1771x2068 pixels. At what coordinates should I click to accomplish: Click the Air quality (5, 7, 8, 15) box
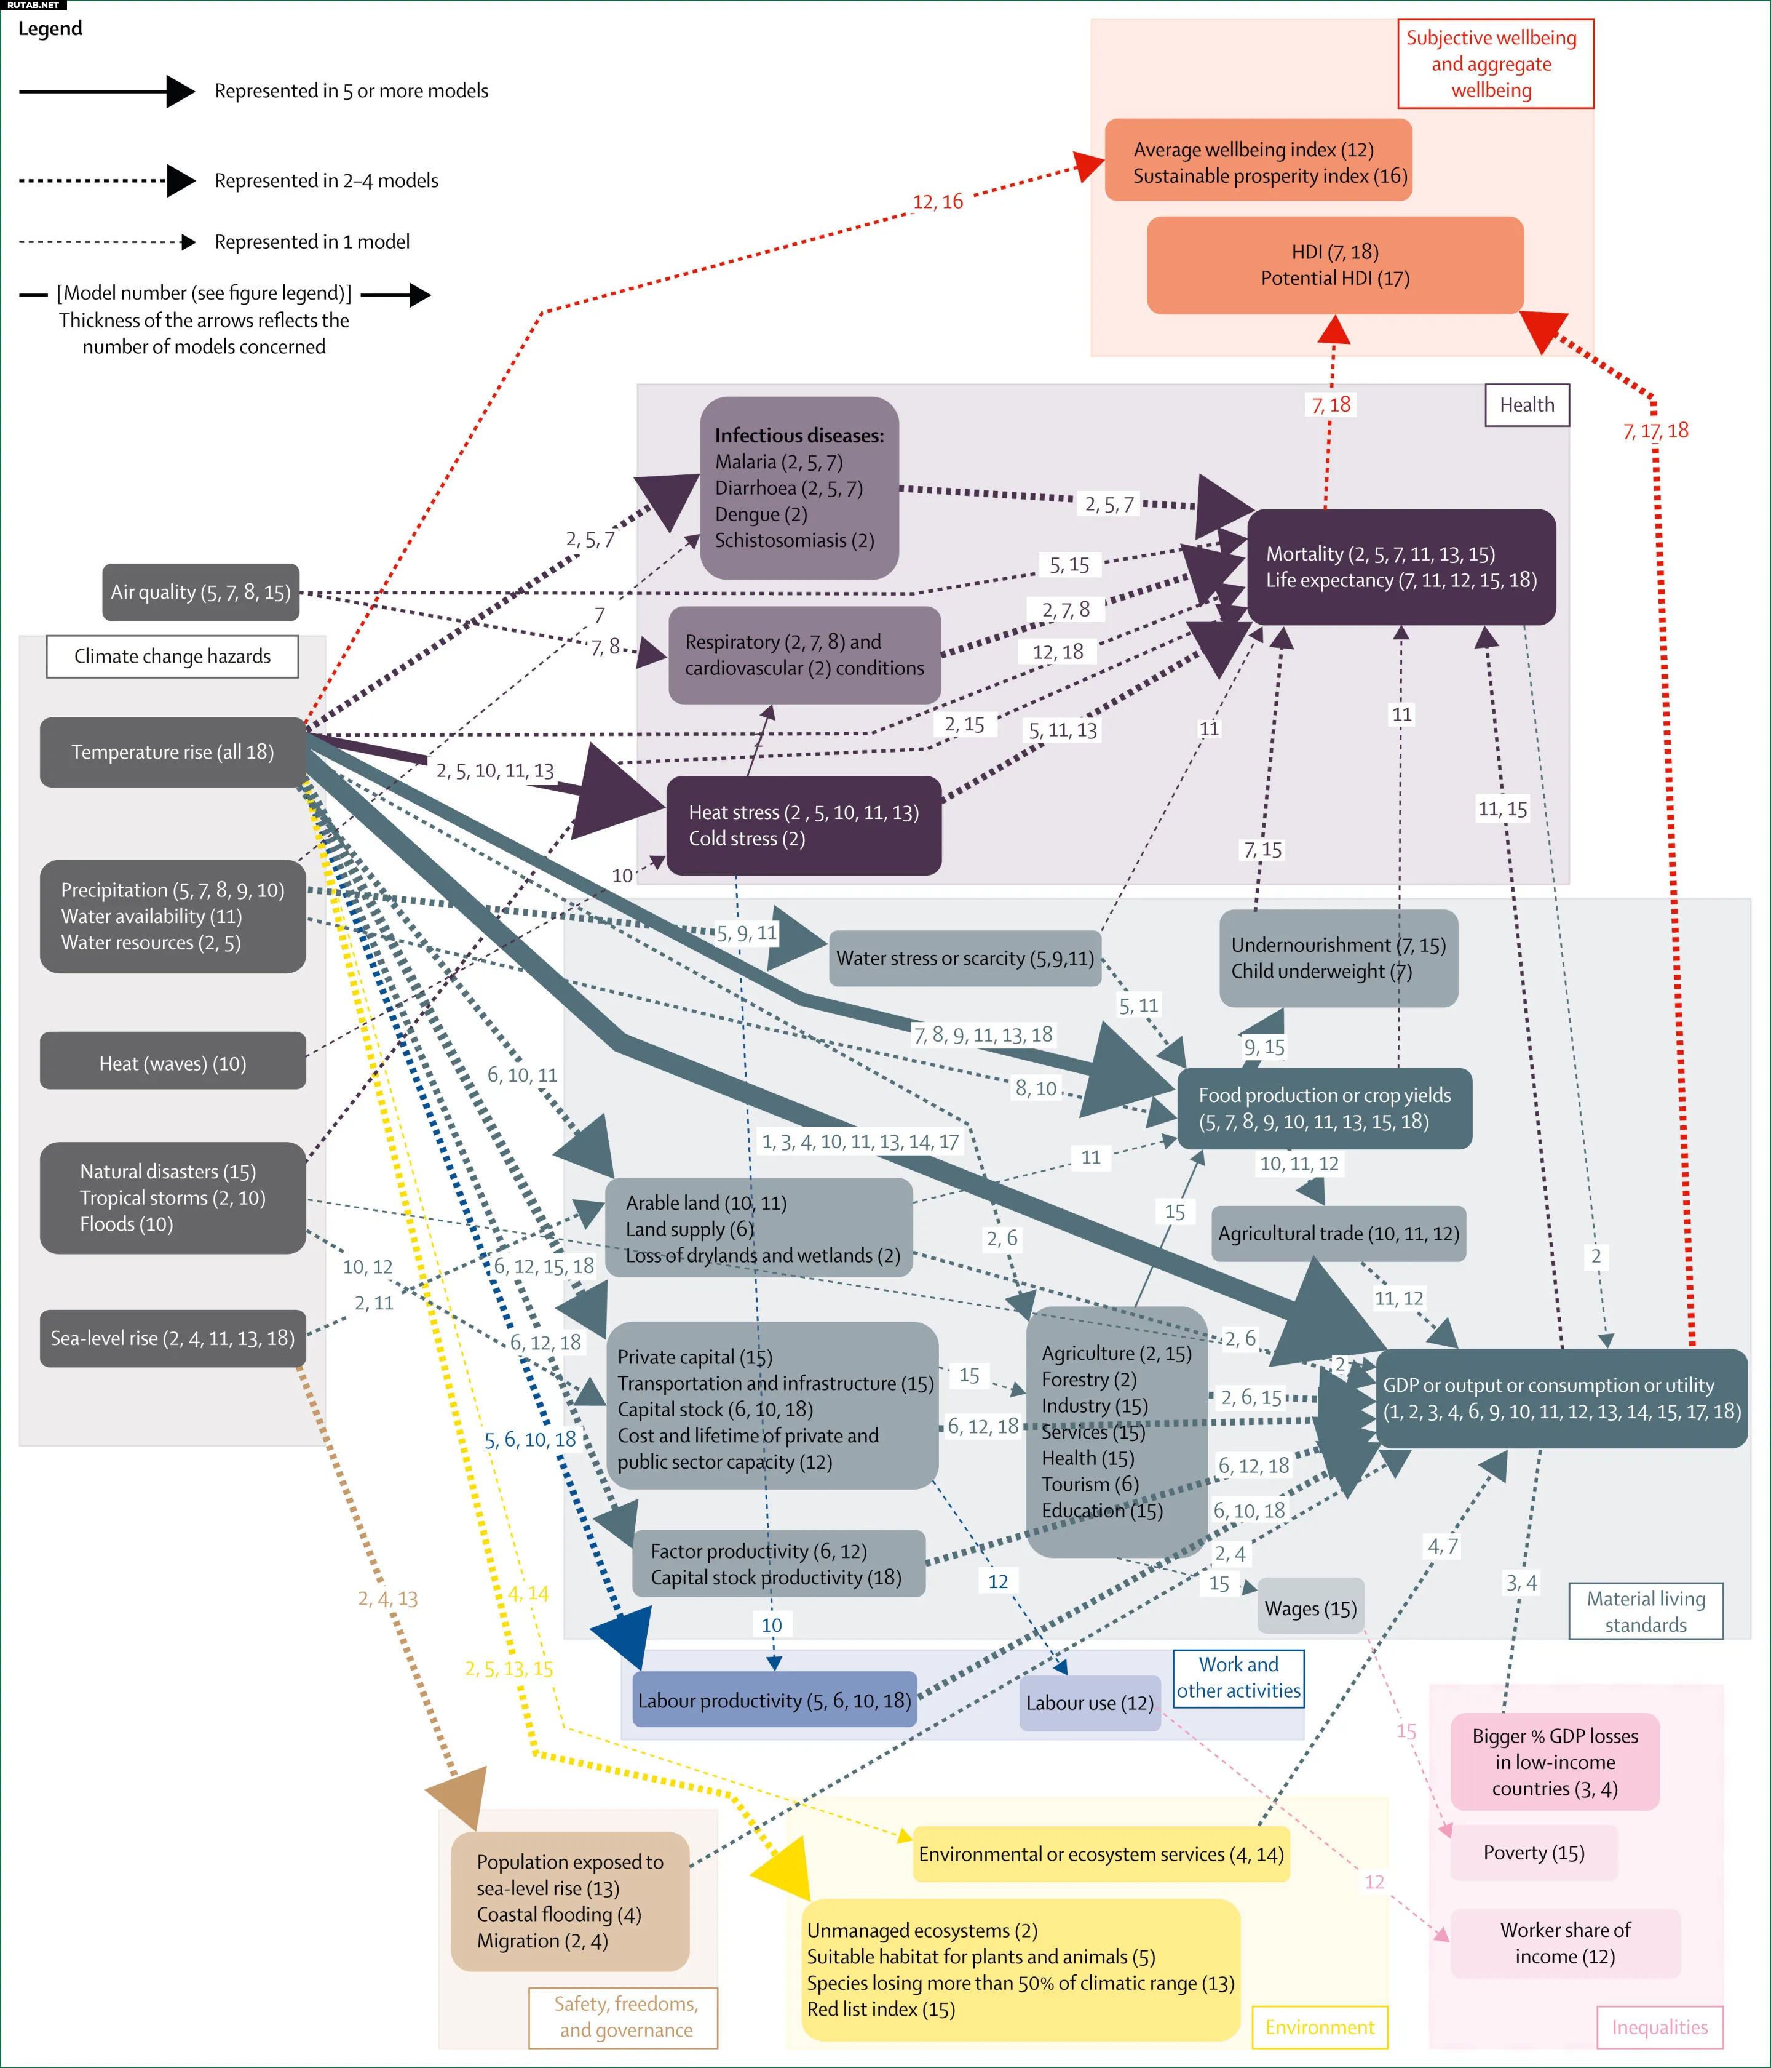click(x=200, y=592)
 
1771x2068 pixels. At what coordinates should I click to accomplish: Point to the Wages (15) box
click(x=1310, y=1608)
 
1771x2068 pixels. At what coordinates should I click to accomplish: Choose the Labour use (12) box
click(x=1090, y=1702)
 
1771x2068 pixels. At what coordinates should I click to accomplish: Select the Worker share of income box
click(x=1564, y=1942)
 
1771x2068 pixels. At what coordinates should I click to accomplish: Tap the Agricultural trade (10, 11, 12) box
click(x=1338, y=1232)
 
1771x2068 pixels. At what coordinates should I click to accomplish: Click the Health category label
click(x=1526, y=404)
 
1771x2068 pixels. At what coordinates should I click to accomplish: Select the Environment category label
click(x=1319, y=2026)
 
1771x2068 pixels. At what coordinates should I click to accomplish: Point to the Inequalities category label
click(x=1659, y=2026)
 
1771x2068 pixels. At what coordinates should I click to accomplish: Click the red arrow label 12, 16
click(x=937, y=202)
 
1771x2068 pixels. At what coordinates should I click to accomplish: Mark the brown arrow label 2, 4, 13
click(x=387, y=1598)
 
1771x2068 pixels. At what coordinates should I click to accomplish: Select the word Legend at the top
click(x=50, y=28)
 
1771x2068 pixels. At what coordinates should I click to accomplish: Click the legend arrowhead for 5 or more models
click(x=180, y=91)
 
